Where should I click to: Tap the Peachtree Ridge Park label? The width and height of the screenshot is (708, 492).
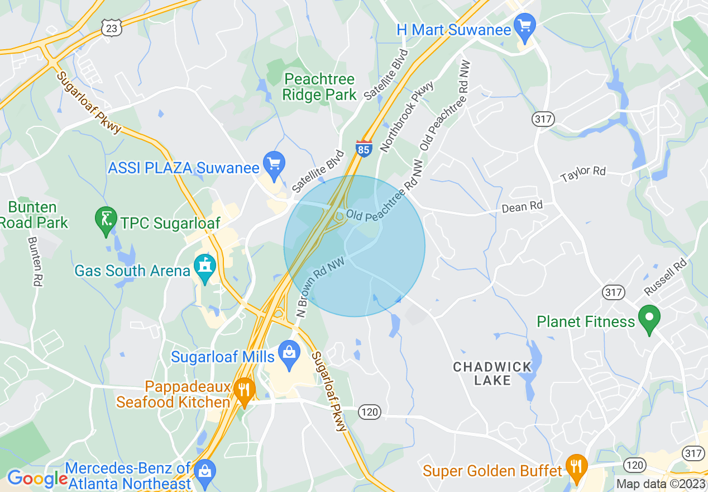tap(319, 87)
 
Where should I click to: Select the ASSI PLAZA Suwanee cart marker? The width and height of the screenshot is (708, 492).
tap(274, 164)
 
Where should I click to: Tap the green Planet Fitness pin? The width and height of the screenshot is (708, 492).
tap(649, 318)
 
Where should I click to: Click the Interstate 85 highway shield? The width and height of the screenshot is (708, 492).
tap(363, 149)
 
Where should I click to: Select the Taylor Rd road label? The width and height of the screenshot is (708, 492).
tap(583, 174)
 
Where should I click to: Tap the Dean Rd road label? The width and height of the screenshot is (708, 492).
tap(522, 207)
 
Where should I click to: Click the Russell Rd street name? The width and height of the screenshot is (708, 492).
tap(665, 277)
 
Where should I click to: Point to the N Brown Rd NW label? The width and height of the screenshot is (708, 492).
tap(319, 287)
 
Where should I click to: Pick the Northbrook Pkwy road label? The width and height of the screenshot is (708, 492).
tap(406, 117)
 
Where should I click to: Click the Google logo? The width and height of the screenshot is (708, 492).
tap(37, 478)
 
